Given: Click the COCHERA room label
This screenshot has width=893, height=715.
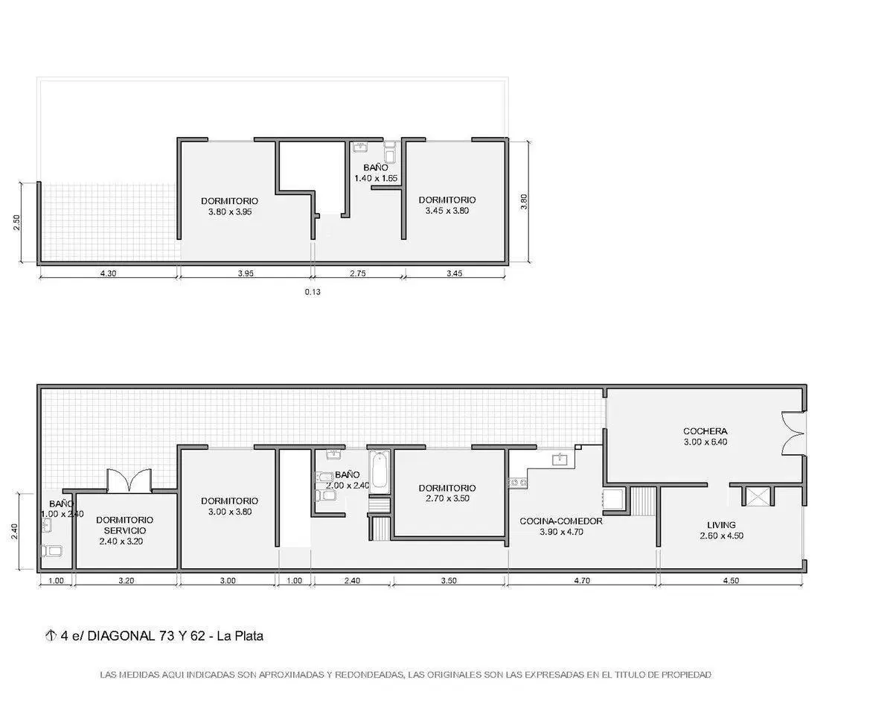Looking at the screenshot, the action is point(705,431).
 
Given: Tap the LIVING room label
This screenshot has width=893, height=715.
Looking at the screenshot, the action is point(721,525).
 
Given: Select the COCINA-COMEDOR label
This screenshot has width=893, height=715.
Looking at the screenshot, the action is point(561,521).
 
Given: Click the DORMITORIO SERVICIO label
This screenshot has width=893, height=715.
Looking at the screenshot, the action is point(124,525).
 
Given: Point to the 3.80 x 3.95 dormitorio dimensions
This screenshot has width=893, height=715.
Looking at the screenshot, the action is point(230,212).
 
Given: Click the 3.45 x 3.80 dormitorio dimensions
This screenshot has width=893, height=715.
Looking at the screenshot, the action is point(447,211).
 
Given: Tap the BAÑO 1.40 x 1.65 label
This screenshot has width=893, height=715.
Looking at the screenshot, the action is point(376,173).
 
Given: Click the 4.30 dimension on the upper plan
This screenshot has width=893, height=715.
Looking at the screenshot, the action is point(109,273).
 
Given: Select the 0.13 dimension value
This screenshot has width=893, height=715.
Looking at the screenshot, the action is point(313,292).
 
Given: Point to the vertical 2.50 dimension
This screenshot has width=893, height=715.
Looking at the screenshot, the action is point(16,223).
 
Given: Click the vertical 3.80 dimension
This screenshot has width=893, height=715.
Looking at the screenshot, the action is point(524,202).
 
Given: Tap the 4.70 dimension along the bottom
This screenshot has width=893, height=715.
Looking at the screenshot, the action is point(582,580).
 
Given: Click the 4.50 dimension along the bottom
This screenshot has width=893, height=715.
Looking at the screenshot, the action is point(732,580).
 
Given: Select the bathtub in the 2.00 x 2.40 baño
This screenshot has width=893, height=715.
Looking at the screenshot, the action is point(380,472).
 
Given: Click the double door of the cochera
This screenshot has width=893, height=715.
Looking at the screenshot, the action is point(793,433).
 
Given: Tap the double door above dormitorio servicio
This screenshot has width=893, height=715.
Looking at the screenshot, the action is point(129,480).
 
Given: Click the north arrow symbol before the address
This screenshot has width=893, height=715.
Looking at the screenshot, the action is point(50,635).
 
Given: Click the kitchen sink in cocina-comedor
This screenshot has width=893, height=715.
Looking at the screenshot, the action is point(560,459).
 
